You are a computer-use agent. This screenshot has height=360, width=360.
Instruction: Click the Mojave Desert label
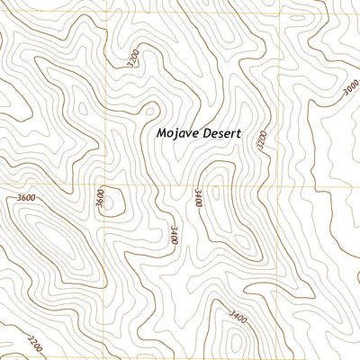(199, 132)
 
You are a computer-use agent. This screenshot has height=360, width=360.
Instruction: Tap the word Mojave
(176, 132)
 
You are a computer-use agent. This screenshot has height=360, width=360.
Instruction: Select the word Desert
(222, 132)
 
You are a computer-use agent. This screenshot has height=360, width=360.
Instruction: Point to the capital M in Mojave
(160, 132)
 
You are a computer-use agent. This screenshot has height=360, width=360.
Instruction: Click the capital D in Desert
(206, 132)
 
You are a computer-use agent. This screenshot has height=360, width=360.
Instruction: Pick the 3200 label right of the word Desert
(262, 140)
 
